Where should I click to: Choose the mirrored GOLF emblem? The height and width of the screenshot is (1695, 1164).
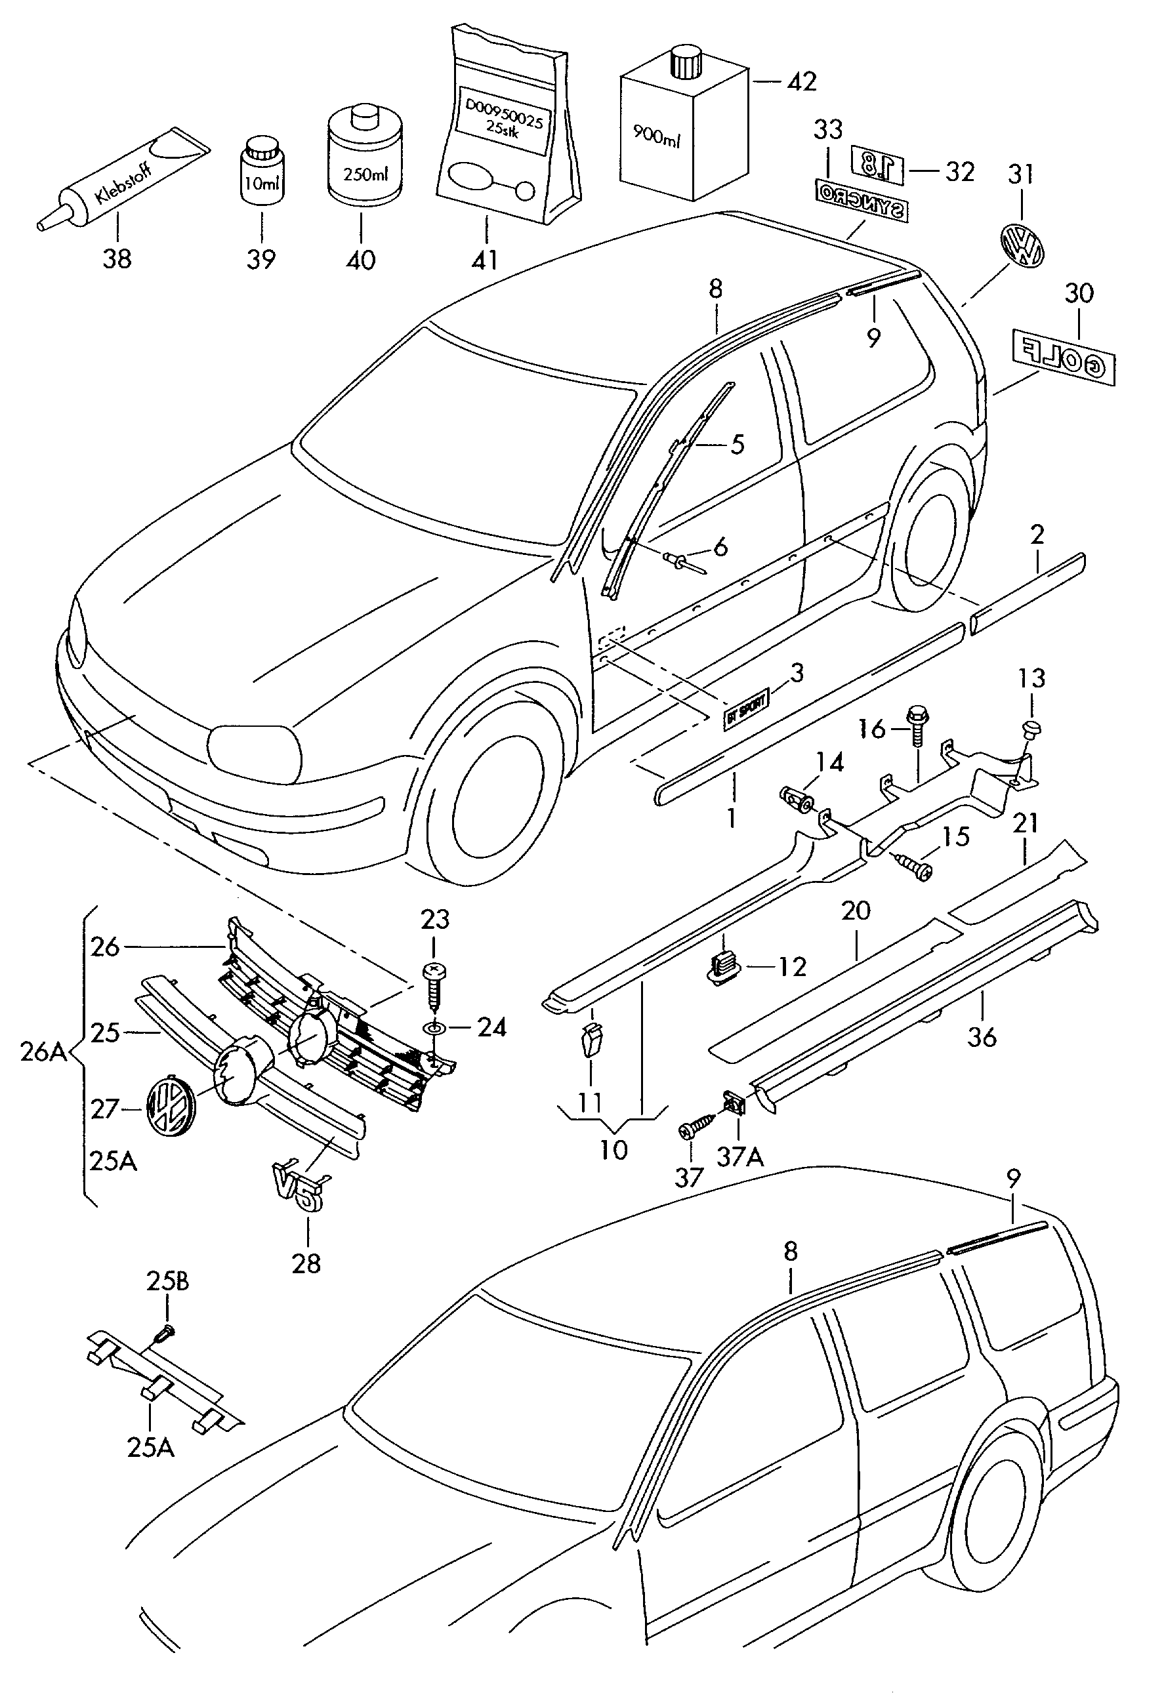[1064, 357]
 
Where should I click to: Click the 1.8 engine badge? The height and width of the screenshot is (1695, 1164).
[877, 165]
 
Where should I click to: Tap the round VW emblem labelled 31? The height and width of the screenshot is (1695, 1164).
[1022, 247]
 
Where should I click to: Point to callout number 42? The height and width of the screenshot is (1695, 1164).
[802, 82]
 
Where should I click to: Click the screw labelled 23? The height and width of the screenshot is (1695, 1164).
[434, 983]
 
